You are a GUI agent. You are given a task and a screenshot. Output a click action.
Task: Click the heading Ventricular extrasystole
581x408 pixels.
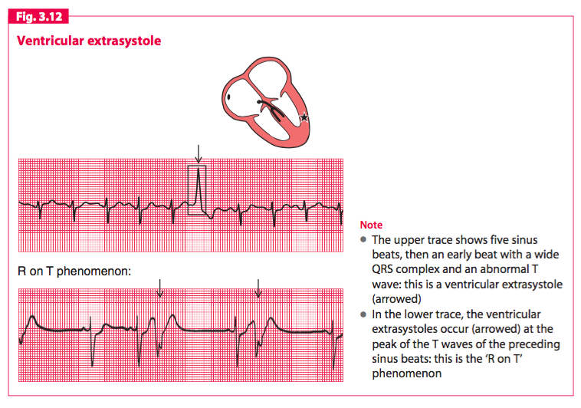point(89,41)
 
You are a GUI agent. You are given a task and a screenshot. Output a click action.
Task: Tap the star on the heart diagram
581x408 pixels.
point(304,117)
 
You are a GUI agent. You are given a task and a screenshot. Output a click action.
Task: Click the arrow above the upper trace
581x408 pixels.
point(198,154)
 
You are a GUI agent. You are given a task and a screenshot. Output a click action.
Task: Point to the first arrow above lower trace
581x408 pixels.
point(159,288)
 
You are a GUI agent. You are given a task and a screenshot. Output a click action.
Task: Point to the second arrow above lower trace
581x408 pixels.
point(258,288)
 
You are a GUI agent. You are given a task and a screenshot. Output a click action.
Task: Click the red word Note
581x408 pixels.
point(371,225)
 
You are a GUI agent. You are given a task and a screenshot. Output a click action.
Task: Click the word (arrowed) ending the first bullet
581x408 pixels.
point(396,299)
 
